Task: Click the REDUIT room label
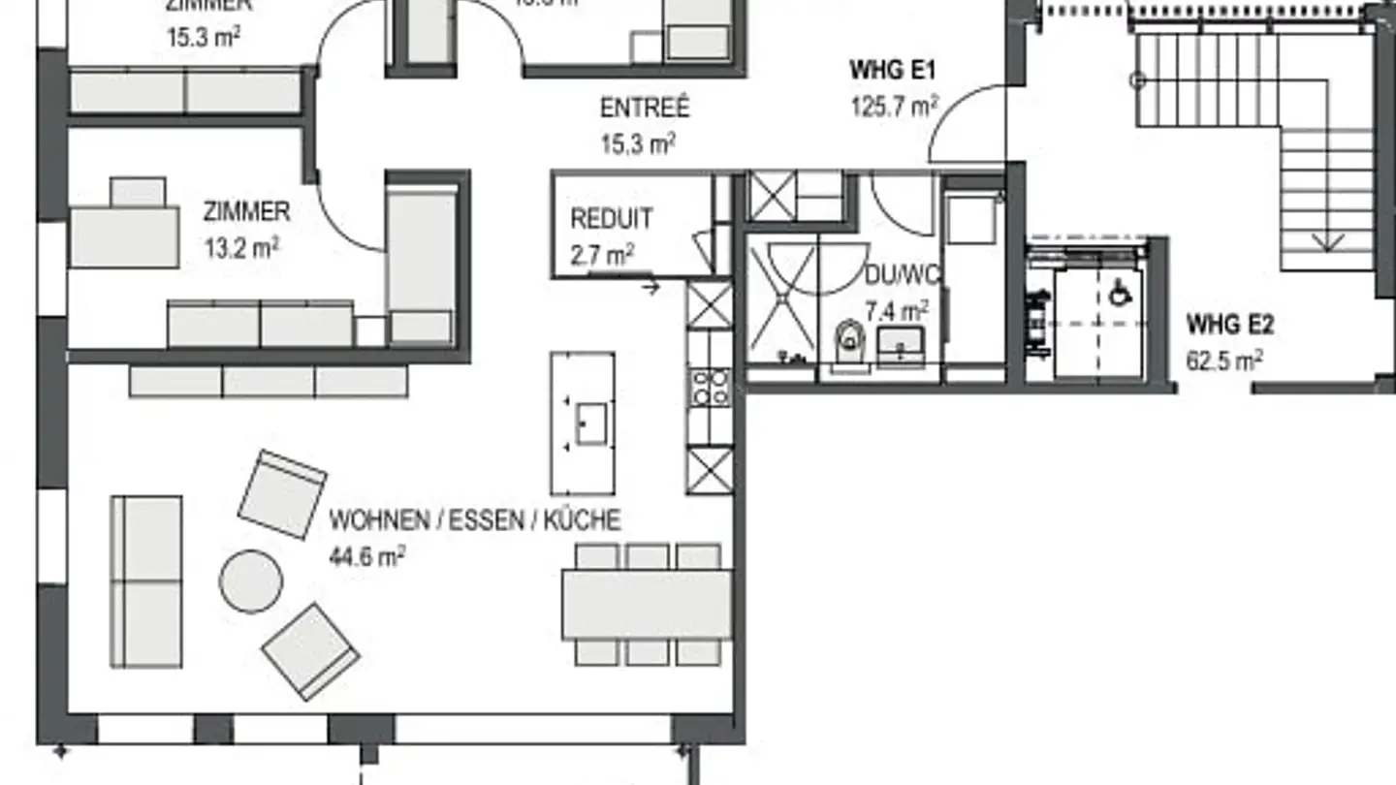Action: point(611,218)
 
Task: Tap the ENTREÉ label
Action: point(645,108)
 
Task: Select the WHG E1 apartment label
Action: point(892,71)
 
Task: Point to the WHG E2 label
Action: point(1230,324)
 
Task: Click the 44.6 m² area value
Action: point(367,556)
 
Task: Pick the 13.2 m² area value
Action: point(241,247)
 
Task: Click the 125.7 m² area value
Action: point(892,107)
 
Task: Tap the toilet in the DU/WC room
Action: point(850,339)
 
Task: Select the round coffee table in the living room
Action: point(251,581)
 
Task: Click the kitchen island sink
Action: point(590,424)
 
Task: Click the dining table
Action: point(647,604)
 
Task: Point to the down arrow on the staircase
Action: point(1327,240)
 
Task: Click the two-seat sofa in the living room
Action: point(146,581)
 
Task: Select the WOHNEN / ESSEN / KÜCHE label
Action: point(474,520)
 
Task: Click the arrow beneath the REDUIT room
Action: point(650,286)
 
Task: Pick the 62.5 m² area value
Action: point(1223,361)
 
